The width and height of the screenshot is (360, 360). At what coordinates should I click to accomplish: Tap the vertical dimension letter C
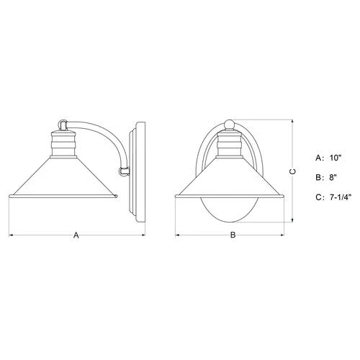(292, 171)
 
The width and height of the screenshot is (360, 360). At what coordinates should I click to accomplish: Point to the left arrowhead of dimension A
(10, 234)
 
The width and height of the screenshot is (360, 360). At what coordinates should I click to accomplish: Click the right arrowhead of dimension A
(144, 234)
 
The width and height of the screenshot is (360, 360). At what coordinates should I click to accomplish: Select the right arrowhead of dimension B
(284, 234)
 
